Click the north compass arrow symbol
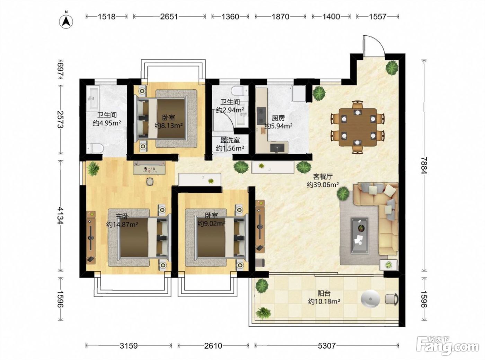pos(66,21)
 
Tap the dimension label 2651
pos(169,17)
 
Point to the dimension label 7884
pos(424,166)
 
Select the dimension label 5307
pos(326,346)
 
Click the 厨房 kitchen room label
pos(278,118)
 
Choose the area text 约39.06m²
pos(323,185)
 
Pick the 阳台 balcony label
pos(324,293)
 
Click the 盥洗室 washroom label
pos(230,140)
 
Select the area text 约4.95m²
pos(107,123)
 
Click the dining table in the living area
pos(357,127)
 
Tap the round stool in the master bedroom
pos(150,181)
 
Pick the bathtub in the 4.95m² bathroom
pos(93,97)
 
